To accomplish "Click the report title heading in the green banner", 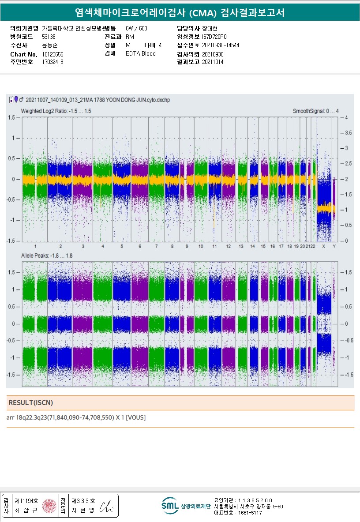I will [180, 13].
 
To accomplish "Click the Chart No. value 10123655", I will [53, 54].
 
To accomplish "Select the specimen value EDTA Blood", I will [141, 54].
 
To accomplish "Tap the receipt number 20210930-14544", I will [221, 45].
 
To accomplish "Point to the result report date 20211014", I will [213, 62].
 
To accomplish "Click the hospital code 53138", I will [49, 37].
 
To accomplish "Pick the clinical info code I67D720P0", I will [214, 37].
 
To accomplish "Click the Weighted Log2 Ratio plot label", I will [56, 111].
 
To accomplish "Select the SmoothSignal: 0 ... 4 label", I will [315, 111].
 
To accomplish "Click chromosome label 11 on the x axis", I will [214, 246].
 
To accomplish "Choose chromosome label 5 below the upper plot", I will [121, 246].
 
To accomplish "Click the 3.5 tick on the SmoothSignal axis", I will [348, 132].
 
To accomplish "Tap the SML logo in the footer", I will [170, 506].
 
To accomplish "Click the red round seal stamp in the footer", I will [49, 506].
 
